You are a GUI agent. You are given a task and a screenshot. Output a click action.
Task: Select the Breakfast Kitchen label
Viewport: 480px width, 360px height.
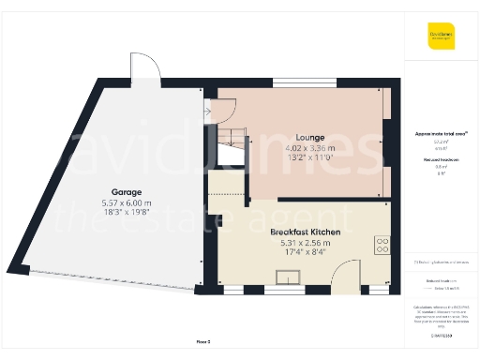pos(306,231)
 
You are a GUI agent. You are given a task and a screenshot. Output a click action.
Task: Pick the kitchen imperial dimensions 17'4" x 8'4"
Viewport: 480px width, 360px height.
pos(306,251)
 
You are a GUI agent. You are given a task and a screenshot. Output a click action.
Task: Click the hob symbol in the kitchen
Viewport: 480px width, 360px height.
pos(382,246)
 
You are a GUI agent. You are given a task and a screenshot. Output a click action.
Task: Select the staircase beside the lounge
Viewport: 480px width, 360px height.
pos(231,141)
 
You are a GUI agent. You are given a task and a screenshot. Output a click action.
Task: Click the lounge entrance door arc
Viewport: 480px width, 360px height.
pos(226,107)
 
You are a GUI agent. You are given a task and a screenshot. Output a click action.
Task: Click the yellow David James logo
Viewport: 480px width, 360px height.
pos(442,38)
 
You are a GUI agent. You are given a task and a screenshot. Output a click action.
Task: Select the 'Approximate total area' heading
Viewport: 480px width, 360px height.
pos(442,134)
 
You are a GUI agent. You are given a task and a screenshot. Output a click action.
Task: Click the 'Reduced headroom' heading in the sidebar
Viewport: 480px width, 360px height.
pos(442,160)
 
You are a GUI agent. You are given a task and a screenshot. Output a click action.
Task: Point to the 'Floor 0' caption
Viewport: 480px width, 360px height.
pos(204,342)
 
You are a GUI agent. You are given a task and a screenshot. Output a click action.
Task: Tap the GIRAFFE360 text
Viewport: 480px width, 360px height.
pos(442,335)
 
